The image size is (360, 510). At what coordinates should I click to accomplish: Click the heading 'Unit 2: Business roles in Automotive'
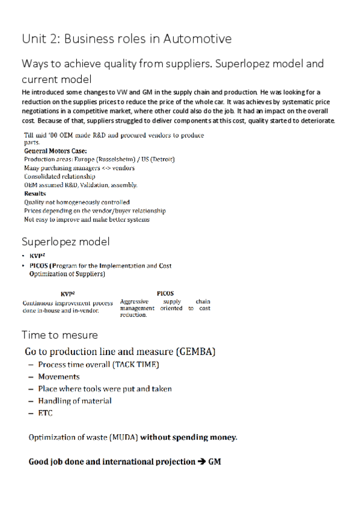(x=126, y=39)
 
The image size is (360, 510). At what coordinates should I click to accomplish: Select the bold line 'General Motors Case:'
(x=55, y=150)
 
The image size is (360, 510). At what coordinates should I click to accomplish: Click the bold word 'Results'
(x=35, y=194)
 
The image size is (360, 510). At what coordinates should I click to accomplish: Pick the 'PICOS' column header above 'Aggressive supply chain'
(x=165, y=293)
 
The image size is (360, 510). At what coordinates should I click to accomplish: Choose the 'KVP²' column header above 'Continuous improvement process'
(x=67, y=293)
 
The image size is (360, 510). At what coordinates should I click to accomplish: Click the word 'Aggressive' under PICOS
(x=134, y=301)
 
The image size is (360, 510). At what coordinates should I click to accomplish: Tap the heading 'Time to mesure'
(x=59, y=334)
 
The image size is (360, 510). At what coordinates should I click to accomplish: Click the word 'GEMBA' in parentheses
(x=196, y=351)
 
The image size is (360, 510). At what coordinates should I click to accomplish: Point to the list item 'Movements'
(x=59, y=376)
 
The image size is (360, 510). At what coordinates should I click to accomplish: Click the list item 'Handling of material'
(x=75, y=401)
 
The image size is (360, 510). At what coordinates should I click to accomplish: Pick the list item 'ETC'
(x=45, y=413)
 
